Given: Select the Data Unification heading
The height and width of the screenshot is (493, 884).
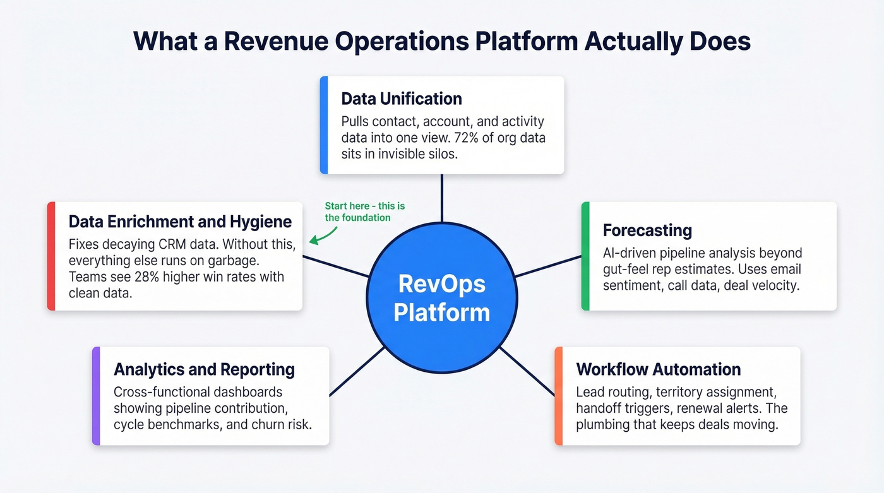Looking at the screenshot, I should tap(402, 99).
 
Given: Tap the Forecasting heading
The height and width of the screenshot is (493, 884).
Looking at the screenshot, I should tap(647, 230).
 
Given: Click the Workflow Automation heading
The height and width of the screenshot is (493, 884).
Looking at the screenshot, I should tap(659, 369).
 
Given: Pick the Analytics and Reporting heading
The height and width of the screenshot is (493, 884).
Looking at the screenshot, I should tap(204, 369).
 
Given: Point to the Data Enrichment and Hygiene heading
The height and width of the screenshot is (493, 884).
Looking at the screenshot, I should tap(180, 222).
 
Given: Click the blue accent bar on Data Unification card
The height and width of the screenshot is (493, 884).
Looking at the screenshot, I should tap(324, 125).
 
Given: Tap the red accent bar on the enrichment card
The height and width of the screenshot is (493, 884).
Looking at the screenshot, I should tap(51, 256).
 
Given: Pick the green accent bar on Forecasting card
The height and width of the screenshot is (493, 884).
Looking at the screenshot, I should tap(585, 256).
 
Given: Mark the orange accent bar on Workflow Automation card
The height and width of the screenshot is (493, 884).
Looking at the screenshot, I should tap(558, 396).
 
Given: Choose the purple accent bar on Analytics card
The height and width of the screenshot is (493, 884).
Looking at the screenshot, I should tap(96, 396).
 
